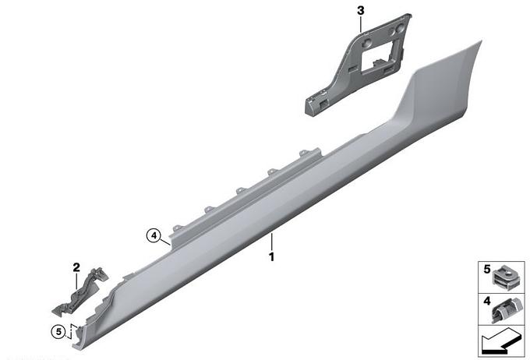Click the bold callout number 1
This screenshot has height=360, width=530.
[x=271, y=257]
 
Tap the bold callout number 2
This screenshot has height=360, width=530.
[x=76, y=267]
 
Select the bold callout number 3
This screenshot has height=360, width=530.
[x=361, y=11]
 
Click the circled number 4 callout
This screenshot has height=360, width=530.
[x=154, y=235]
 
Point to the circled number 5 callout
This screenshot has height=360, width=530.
[x=58, y=332]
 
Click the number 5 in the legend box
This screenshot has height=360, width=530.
[x=486, y=270]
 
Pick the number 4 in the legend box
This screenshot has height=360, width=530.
[x=486, y=301]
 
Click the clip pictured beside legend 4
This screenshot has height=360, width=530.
[x=504, y=309]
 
